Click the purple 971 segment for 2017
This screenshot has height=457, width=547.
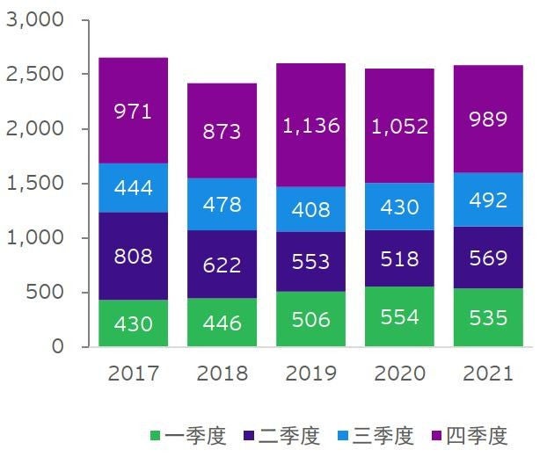pyautogui.click(x=134, y=111)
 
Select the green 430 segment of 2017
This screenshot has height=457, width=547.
pyautogui.click(x=134, y=323)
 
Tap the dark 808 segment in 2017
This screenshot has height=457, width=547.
pyautogui.click(x=134, y=257)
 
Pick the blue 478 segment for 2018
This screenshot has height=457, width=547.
pyautogui.click(x=222, y=205)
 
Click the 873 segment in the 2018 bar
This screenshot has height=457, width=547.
pyautogui.click(x=222, y=131)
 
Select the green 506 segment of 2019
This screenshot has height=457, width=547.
pyautogui.click(x=310, y=318)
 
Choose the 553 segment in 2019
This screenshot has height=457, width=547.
pyautogui.click(x=310, y=262)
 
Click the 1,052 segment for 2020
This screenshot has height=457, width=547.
pyautogui.click(x=400, y=126)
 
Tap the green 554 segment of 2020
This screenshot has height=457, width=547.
pyautogui.click(x=400, y=316)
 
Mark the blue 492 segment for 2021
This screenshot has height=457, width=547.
pyautogui.click(x=488, y=199)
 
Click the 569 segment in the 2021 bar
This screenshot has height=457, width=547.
pyautogui.click(x=488, y=258)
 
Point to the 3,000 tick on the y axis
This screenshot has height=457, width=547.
pyautogui.click(x=35, y=20)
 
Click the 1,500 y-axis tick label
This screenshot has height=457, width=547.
pyautogui.click(x=35, y=184)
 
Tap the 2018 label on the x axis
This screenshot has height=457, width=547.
pyautogui.click(x=222, y=374)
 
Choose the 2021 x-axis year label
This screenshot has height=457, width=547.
pyautogui.click(x=488, y=374)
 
